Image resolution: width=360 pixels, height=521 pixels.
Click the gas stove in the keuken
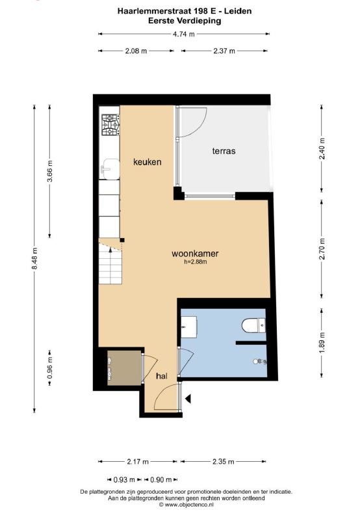click(110, 125)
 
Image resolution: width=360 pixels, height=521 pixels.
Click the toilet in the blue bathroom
click(253, 325)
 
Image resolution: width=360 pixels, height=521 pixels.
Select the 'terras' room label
click(224, 151)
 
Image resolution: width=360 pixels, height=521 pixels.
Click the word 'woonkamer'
click(195, 254)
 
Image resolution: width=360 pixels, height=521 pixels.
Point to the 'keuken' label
click(147, 162)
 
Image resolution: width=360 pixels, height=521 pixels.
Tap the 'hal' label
click(162, 376)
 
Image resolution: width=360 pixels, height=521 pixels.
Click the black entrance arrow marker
click(188, 398)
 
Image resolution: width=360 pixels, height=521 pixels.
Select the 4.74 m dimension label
click(183, 34)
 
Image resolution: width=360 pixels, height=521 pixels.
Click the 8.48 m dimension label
click(34, 258)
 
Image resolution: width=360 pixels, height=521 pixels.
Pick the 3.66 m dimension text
click(50, 171)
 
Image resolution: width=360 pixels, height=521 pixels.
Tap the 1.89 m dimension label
click(322, 343)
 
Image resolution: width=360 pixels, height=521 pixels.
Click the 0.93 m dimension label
click(124, 479)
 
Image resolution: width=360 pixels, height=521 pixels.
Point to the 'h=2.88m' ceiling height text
click(196, 262)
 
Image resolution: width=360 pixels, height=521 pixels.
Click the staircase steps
click(110, 263)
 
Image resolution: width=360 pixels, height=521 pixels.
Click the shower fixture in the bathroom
click(260, 361)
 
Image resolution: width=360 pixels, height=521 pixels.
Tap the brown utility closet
click(124, 368)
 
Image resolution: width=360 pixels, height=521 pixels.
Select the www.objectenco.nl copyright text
click(186, 504)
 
